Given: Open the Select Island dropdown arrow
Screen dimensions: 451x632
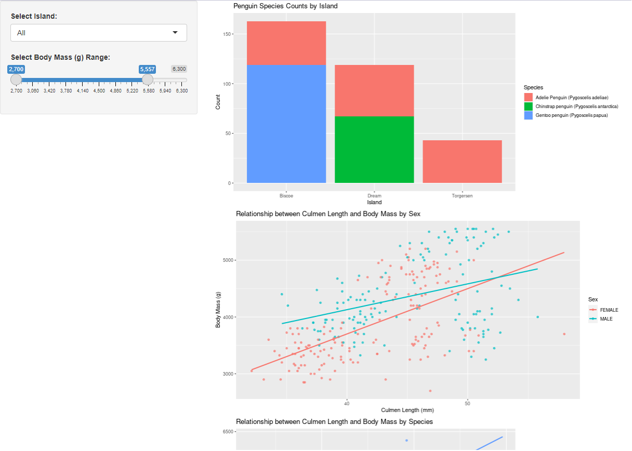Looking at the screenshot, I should pyautogui.click(x=175, y=33).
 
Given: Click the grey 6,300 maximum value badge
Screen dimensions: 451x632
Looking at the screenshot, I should pyautogui.click(x=179, y=69).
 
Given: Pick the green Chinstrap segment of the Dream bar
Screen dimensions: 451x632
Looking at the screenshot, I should pyautogui.click(x=374, y=150).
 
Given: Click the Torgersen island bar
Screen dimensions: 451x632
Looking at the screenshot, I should pyautogui.click(x=462, y=162).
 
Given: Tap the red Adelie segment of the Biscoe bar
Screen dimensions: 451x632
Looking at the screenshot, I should pyautogui.click(x=286, y=43).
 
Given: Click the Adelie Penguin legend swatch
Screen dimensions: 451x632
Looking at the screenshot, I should pyautogui.click(x=529, y=97).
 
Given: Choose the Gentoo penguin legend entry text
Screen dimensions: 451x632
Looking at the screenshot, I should pyautogui.click(x=571, y=115).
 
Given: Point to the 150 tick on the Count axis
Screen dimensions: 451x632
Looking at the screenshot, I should pyautogui.click(x=227, y=34).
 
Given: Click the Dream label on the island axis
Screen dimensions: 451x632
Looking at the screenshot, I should pyautogui.click(x=374, y=196).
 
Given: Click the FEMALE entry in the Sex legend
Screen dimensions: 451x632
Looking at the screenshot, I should pyautogui.click(x=609, y=310).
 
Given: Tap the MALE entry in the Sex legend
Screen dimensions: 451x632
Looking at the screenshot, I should pyautogui.click(x=606, y=319).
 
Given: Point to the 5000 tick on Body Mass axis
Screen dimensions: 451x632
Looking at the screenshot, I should pyautogui.click(x=227, y=260).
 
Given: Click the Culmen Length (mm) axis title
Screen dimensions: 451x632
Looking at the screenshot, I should pyautogui.click(x=407, y=410).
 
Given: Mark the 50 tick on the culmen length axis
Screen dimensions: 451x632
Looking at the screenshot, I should pyautogui.click(x=468, y=403).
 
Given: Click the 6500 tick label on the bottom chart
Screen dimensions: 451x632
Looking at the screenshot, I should pyautogui.click(x=229, y=432).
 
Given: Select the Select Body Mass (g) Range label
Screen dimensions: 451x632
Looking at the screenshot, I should pyautogui.click(x=60, y=57).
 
